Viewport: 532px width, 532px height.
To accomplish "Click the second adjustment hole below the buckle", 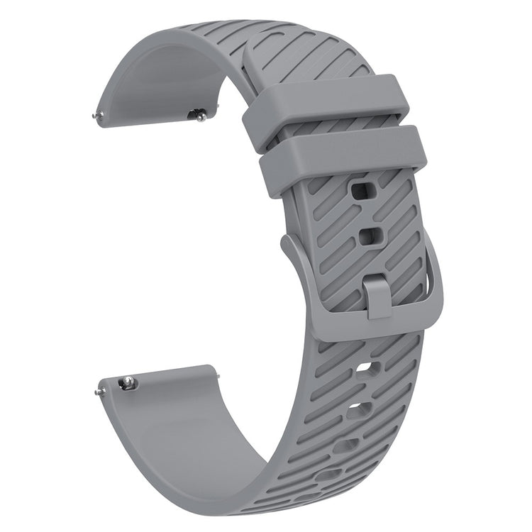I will [x=360, y=409].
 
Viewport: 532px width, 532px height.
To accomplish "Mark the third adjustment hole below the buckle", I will [x=345, y=445].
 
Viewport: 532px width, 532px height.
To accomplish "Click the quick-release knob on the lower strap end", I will [x=128, y=383].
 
